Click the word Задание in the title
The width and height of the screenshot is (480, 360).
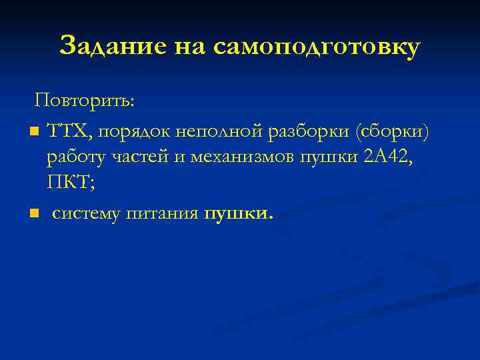[112, 47]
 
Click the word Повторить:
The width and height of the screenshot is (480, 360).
[85, 101]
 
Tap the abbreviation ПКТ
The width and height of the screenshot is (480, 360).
[69, 183]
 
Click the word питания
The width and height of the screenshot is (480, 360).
[167, 214]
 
